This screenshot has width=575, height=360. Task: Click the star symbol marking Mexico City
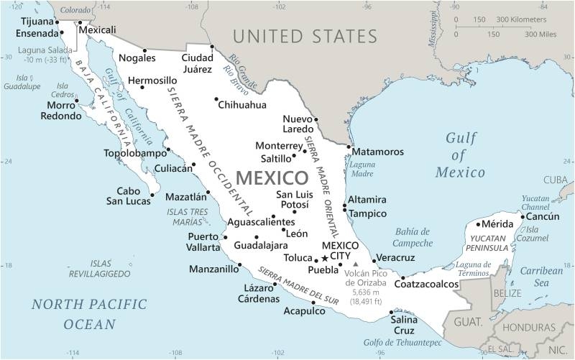coord(325,258)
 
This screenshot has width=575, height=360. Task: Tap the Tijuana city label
coord(37,21)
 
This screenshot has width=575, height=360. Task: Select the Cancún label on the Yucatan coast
coord(543,216)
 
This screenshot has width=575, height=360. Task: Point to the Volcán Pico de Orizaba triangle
coord(354,264)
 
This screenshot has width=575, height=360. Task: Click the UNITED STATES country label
coord(305,36)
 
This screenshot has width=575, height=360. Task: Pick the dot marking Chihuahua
coord(216,99)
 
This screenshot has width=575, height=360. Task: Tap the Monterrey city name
coord(280,146)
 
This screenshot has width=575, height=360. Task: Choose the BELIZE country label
coord(507,293)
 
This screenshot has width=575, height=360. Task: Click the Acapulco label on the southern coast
coord(304,311)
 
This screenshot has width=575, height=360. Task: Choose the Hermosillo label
coord(152,80)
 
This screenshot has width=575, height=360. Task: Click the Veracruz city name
coord(396,257)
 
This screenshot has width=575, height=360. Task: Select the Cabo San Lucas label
coord(128,196)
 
